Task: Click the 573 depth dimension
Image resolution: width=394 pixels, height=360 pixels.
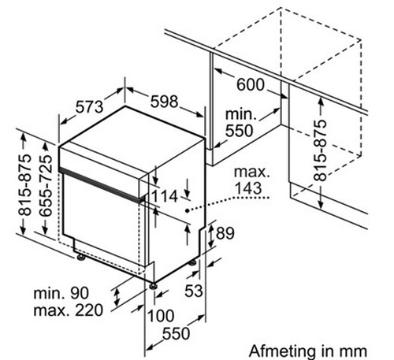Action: click(90, 107)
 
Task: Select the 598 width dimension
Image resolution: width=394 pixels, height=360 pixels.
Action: click(164, 102)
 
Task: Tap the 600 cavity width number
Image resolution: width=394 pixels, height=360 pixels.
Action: click(251, 84)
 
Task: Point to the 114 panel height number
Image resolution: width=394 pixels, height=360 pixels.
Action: click(165, 196)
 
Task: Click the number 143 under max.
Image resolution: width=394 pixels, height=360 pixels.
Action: click(248, 188)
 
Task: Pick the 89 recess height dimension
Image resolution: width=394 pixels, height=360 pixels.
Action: click(225, 233)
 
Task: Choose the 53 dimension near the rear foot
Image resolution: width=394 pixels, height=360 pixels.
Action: click(194, 291)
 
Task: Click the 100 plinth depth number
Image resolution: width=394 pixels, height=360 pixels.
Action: click(161, 315)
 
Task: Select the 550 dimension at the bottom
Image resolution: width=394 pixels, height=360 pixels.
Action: click(176, 333)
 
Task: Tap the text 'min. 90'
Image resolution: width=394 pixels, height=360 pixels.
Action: click(61, 293)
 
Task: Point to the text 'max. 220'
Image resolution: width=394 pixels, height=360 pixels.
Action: click(69, 310)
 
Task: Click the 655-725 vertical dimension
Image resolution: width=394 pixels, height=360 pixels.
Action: click(46, 186)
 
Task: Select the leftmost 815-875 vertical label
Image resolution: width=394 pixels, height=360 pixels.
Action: click(24, 185)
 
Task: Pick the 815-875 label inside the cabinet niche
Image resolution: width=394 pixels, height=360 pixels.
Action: click(320, 150)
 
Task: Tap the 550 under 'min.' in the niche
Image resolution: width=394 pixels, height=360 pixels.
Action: click(239, 131)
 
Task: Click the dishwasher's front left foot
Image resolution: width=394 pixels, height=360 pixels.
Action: click(80, 258)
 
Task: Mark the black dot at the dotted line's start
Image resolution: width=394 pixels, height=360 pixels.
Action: click(187, 210)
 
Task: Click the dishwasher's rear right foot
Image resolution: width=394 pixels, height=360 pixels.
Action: click(193, 262)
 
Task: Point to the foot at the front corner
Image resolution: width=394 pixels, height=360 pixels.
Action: click(153, 286)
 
